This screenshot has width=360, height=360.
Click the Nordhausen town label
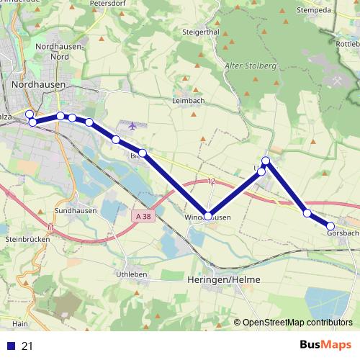39,84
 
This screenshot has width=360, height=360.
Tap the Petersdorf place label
108,4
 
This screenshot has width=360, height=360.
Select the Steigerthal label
201,32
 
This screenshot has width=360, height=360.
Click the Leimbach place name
189,101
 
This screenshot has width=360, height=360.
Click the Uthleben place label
131,274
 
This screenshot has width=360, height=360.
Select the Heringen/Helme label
223,279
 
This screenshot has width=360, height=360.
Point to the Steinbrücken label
26,238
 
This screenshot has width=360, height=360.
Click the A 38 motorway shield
143,215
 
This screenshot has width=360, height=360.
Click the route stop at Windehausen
208,215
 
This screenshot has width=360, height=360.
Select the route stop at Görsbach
330,226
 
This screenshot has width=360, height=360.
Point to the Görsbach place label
343,233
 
